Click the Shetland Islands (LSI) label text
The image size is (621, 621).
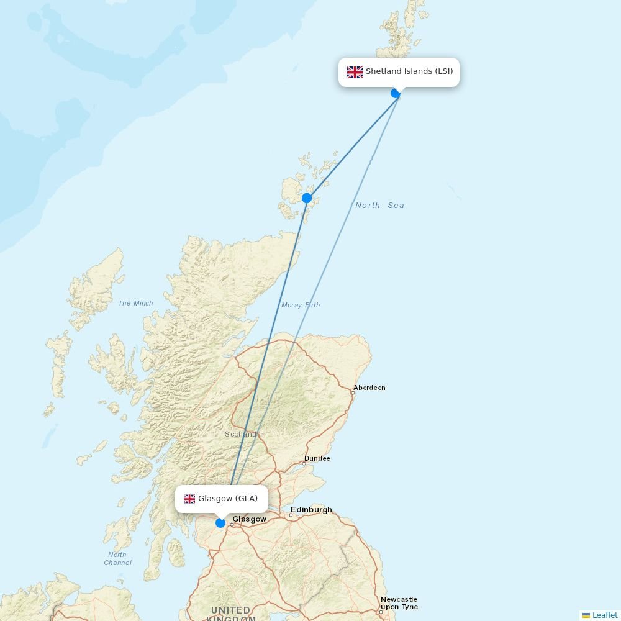(x=409, y=71)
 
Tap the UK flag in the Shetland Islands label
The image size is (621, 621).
(x=355, y=72)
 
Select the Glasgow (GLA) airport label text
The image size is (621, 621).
(x=228, y=499)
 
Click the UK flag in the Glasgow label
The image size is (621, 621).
(x=189, y=499)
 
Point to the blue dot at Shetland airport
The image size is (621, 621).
(x=396, y=93)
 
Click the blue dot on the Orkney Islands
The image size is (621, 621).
(x=307, y=198)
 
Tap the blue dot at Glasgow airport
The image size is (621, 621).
(x=220, y=523)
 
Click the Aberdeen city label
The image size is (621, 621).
(x=369, y=388)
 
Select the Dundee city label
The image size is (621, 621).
(x=317, y=458)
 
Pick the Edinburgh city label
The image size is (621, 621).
(x=311, y=510)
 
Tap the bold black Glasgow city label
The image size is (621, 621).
(x=250, y=519)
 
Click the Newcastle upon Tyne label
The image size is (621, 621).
(x=399, y=603)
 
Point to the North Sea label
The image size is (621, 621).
(x=379, y=206)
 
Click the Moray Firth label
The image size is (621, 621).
(x=301, y=305)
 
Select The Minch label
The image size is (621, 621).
(x=135, y=303)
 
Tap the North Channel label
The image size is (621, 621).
(x=117, y=558)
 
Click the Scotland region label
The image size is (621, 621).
(x=240, y=434)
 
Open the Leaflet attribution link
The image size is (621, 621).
(x=604, y=615)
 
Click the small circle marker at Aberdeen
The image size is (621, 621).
(x=353, y=392)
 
